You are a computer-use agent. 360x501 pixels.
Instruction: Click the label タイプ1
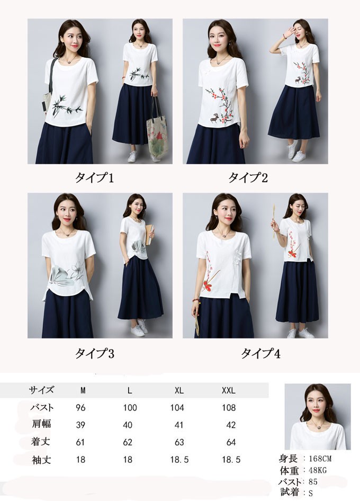94,177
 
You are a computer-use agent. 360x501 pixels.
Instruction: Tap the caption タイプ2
248,177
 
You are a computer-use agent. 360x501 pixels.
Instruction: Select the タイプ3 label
94,353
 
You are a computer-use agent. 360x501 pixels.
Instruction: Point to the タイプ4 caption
260,353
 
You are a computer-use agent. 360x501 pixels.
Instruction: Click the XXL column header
229,390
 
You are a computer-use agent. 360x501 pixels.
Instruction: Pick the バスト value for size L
130,408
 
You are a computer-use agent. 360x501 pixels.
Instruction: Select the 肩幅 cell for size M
80,425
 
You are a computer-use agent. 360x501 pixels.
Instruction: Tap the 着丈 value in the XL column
179,442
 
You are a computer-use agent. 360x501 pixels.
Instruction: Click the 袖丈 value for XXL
231,460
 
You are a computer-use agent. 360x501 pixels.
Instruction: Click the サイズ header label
41,390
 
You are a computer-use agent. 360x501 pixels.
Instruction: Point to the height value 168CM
320,459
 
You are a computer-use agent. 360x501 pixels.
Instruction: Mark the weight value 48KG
318,470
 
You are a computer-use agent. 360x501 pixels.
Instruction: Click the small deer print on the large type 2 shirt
213,119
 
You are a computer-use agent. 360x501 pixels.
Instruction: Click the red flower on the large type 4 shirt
210,284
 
